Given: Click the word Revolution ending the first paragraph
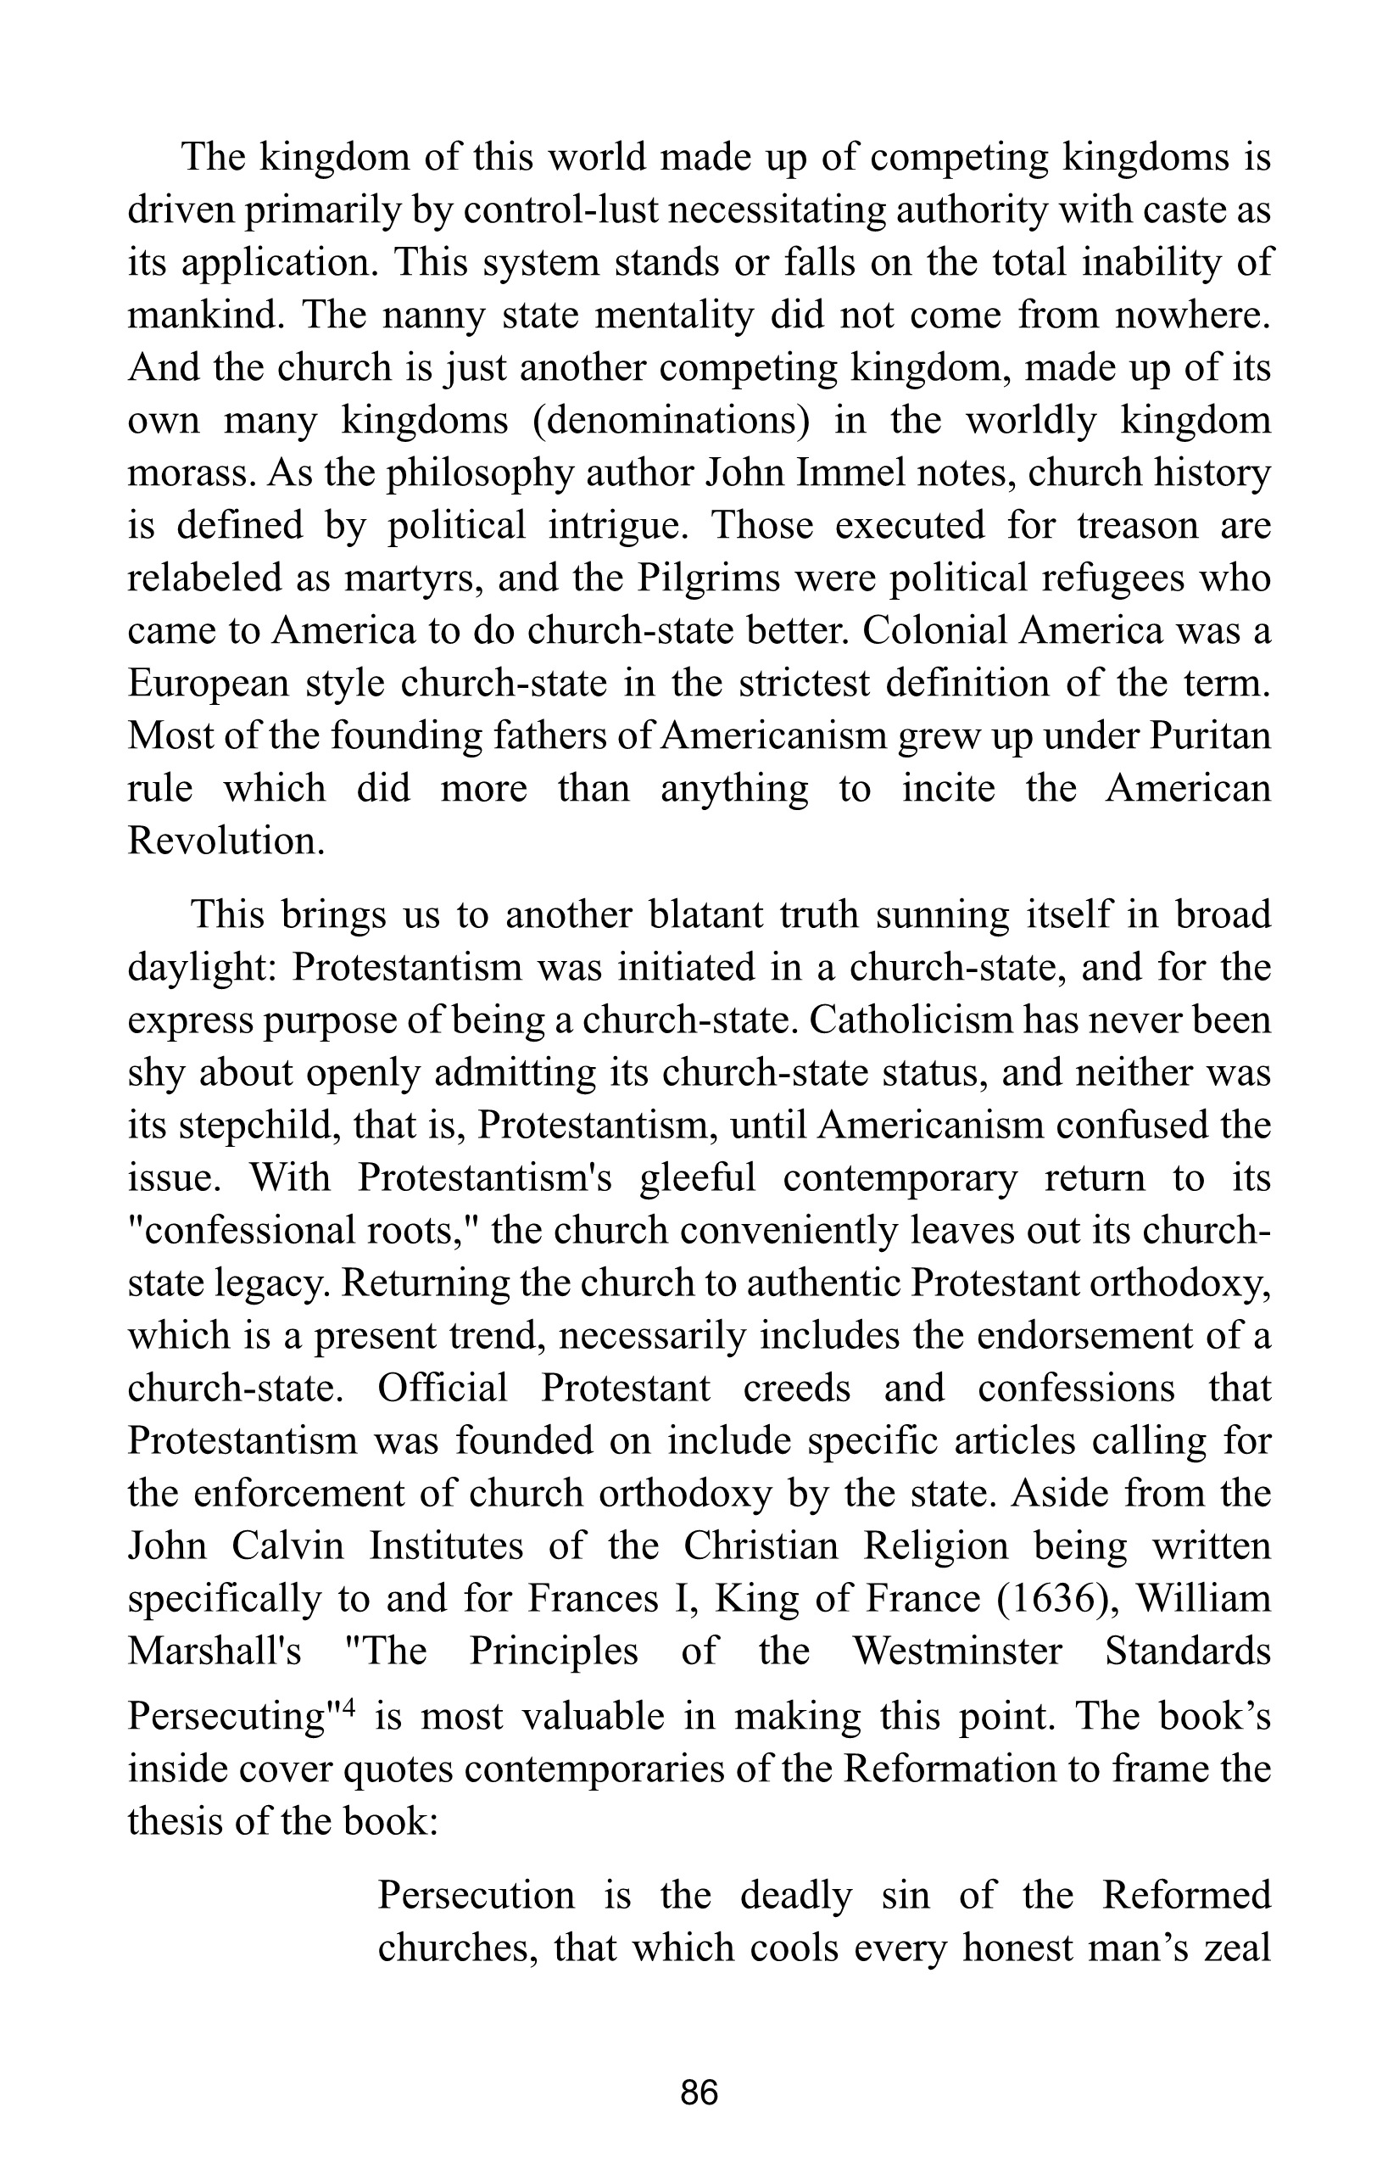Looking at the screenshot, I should [x=226, y=841].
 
